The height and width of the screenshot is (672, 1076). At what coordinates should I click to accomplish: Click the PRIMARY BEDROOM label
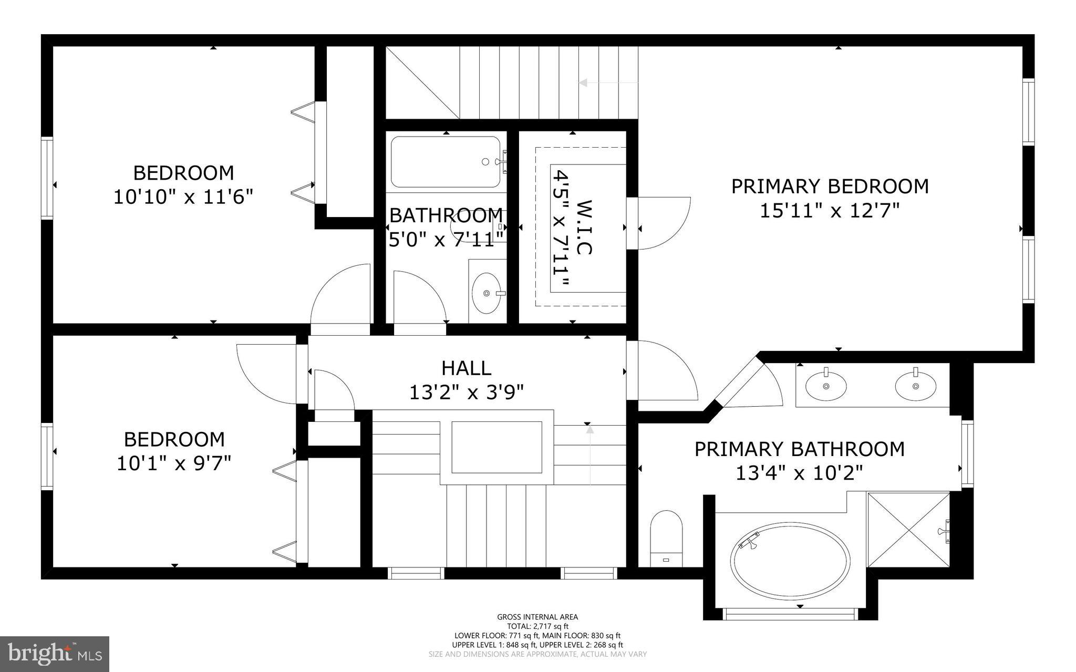830,187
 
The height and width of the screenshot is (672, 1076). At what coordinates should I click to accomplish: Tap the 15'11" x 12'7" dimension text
830,211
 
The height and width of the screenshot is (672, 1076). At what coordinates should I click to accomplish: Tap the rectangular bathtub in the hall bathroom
446,162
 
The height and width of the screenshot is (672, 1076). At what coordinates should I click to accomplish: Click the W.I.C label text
584,227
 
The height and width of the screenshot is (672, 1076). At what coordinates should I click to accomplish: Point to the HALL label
466,368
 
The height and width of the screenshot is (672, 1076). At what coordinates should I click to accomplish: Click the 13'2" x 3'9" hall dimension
466,392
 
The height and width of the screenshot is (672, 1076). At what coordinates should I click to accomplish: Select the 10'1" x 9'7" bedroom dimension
174,464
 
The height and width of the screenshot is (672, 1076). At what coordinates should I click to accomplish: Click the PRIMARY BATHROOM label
799,449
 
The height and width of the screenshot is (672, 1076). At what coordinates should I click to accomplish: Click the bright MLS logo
55,654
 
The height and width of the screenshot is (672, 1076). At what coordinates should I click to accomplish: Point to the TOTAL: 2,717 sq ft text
537,626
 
